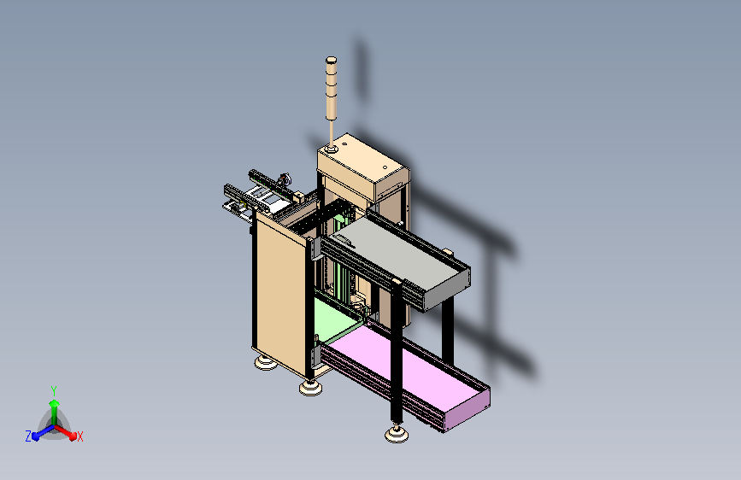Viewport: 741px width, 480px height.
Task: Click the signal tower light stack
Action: coord(331,89)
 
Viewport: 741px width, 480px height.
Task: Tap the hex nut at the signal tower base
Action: coord(331,149)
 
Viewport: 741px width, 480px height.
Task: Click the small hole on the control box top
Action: coord(385,167)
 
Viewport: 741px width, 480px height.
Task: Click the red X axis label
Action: coord(79,437)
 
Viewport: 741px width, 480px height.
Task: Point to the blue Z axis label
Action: coord(28,436)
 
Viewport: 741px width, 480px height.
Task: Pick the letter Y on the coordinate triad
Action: coord(53,391)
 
